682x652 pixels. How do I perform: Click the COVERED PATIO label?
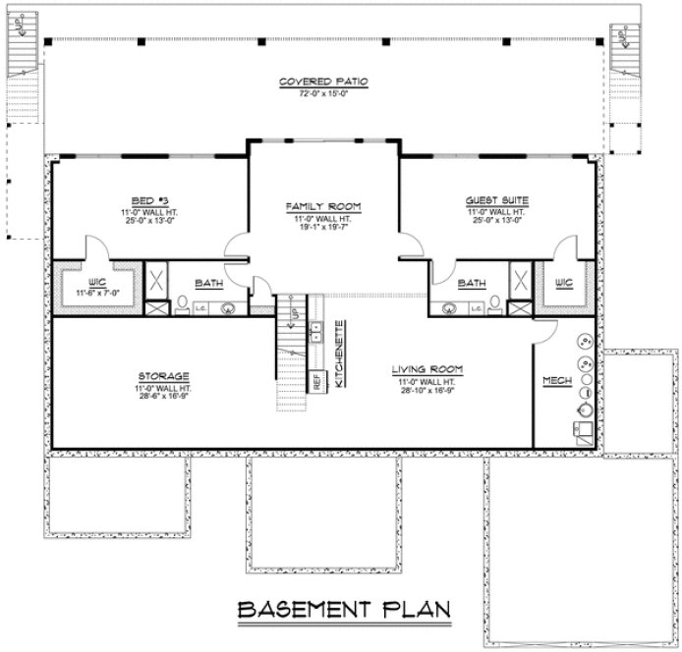click(310, 81)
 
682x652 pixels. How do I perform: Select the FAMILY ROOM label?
click(323, 206)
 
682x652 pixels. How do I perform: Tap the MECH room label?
click(555, 379)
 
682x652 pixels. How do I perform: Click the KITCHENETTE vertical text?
click(338, 354)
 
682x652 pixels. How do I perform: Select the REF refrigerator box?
click(317, 380)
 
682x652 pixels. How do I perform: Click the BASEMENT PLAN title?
click(343, 609)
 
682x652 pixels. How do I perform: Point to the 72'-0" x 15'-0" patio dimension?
click(310, 93)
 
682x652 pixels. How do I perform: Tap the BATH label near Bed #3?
click(208, 284)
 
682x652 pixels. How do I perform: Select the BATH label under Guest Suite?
click(474, 284)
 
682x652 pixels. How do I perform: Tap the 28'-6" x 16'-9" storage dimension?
click(164, 395)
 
